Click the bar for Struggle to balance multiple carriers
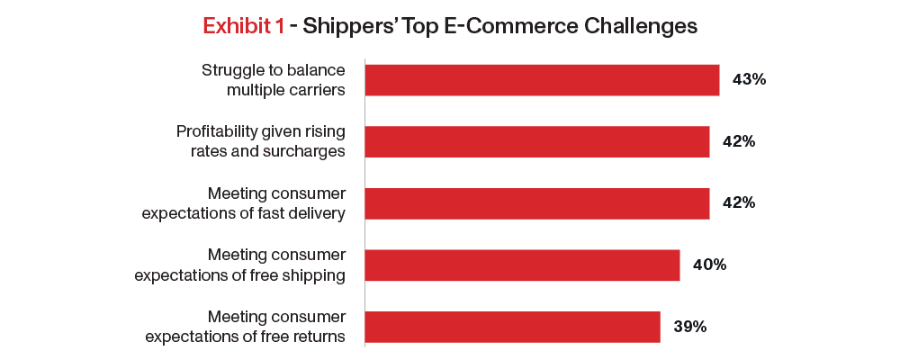point(542,80)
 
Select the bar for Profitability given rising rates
point(537,142)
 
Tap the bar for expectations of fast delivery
point(537,203)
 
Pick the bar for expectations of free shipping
point(522,265)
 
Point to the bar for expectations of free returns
point(513,327)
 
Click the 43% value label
point(749,80)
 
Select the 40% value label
point(709,265)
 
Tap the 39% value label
point(689,328)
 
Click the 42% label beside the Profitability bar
point(739,142)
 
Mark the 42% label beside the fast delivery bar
point(739,203)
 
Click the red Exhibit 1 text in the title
point(243,26)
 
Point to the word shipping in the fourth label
point(316,276)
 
